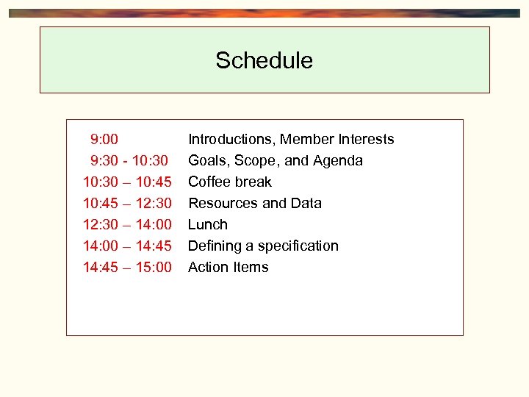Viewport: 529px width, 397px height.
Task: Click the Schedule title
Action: click(264, 60)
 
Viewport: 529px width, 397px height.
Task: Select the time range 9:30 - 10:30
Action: click(129, 160)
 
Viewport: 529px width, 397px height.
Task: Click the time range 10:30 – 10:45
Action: click(127, 182)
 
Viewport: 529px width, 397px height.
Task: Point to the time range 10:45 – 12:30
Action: click(127, 203)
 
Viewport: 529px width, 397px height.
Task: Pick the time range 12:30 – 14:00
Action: click(127, 224)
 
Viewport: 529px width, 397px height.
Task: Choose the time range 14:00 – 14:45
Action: click(127, 246)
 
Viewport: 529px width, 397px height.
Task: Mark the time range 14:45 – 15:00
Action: click(127, 267)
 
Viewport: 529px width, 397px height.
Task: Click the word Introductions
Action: click(230, 139)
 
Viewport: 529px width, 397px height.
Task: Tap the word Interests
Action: click(366, 139)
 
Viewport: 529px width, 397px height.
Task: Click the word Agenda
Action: click(337, 160)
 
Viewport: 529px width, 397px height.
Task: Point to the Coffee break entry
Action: click(230, 182)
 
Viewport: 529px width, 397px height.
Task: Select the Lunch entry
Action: click(208, 224)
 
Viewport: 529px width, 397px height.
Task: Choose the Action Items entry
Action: click(228, 267)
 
